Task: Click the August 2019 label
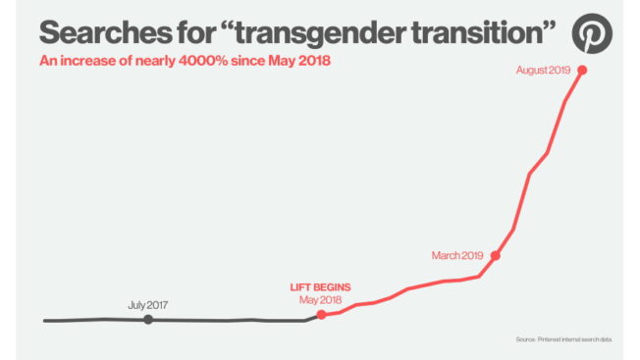[x=543, y=71]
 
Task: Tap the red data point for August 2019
[x=583, y=70]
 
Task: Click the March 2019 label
[x=457, y=255]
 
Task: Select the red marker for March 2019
[x=496, y=255]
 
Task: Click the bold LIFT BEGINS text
[x=320, y=287]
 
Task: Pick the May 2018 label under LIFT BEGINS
[x=320, y=299]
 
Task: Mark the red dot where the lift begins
[x=321, y=314]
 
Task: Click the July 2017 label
[x=147, y=305]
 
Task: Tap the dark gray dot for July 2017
[x=147, y=319]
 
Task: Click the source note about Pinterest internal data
[x=563, y=339]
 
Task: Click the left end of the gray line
[x=45, y=321]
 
